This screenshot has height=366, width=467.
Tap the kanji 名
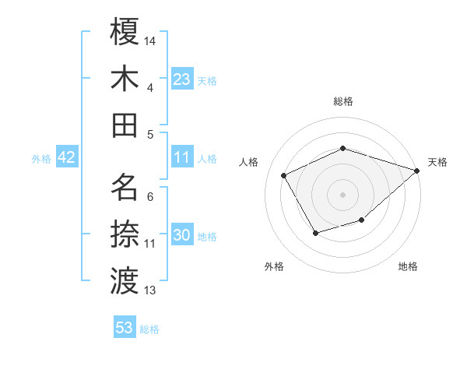click(125, 187)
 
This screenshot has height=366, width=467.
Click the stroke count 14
click(151, 40)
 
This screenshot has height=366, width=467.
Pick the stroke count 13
click(151, 290)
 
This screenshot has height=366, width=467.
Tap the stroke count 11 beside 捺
click(150, 244)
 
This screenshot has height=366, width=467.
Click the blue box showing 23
click(182, 79)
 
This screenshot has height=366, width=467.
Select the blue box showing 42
click(66, 157)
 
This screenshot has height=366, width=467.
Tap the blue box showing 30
click(182, 235)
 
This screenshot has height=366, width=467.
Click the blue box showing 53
click(125, 328)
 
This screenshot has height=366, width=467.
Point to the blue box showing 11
click(182, 157)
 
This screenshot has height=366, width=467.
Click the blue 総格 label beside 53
click(149, 329)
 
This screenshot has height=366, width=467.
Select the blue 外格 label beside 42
click(41, 159)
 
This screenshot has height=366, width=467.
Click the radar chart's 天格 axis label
click(437, 162)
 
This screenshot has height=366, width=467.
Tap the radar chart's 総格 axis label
click(342, 101)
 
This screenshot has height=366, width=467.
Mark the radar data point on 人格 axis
click(283, 176)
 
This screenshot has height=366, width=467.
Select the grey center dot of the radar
click(342, 194)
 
